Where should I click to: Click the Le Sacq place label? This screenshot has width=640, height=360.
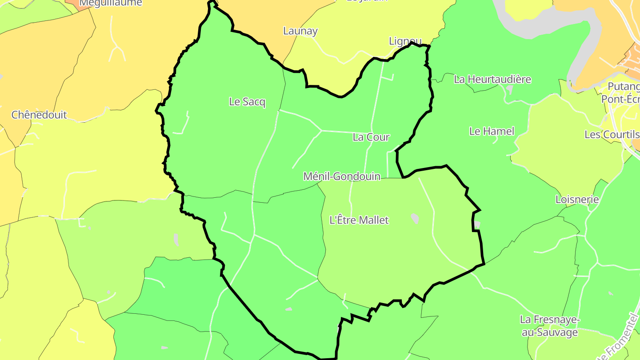point(247,102)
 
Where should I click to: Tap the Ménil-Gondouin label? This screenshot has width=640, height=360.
point(341,176)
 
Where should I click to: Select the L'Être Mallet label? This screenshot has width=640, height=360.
point(359,220)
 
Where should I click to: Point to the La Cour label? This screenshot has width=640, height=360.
point(371,137)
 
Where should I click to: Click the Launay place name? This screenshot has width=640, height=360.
point(300,31)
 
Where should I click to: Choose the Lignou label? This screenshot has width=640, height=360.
point(405,41)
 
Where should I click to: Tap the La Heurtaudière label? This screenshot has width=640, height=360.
point(492,80)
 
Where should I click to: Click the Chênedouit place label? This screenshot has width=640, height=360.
point(39,115)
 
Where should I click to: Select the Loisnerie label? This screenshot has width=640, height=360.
point(577,200)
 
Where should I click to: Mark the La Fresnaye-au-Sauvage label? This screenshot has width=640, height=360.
point(549,326)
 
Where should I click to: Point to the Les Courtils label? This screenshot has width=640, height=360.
point(612,134)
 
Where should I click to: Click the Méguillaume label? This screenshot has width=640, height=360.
point(111,3)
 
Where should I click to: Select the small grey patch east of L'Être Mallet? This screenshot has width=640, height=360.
point(415,218)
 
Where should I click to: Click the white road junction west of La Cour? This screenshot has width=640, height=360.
point(321,131)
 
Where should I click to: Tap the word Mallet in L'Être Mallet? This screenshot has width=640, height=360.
point(375,220)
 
